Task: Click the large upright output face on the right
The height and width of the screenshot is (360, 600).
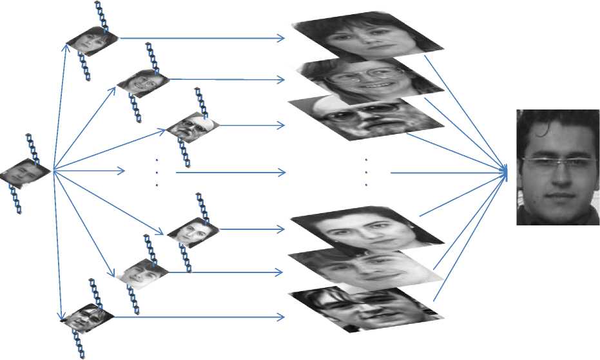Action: [x=558, y=167]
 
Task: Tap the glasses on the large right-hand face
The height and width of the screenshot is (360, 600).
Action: [x=557, y=162]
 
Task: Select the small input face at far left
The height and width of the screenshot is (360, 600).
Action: [x=25, y=172]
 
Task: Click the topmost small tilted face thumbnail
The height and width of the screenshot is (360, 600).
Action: [x=92, y=40]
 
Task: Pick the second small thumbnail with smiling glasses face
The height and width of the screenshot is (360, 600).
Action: [x=143, y=82]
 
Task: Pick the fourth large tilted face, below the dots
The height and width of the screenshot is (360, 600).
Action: [x=367, y=229]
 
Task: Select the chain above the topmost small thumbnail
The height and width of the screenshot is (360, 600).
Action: [x=101, y=16]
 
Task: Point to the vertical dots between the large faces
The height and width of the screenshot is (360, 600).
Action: [x=365, y=172]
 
